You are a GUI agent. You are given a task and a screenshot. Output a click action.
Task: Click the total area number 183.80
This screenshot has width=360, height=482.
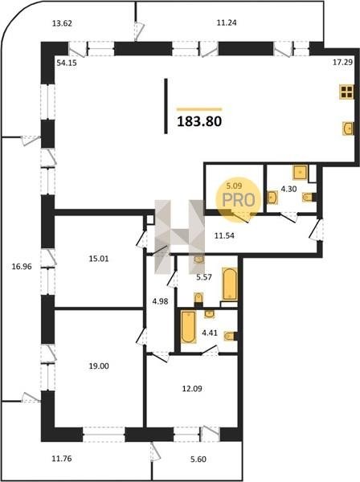[199, 121]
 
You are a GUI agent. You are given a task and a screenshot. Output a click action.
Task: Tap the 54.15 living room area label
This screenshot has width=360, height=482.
[67, 63]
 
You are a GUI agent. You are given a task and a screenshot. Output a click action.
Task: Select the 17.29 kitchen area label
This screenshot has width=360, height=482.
[343, 63]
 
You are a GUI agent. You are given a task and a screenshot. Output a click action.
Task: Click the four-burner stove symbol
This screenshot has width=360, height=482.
[346, 92]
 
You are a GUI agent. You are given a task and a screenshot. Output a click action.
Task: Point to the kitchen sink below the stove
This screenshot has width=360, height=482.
[348, 129]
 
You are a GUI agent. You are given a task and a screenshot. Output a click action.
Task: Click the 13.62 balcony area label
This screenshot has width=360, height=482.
[62, 23]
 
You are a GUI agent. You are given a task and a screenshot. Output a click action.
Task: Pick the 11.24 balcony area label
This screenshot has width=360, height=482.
[227, 22]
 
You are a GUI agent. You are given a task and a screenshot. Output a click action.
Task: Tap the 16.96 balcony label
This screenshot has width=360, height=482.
[22, 267]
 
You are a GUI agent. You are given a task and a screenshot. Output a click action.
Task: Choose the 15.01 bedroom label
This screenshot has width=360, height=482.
[99, 259]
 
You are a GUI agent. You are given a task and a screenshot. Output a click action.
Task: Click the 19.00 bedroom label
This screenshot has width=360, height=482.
[99, 366]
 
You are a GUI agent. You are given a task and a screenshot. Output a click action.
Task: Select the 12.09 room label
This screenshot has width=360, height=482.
[192, 389]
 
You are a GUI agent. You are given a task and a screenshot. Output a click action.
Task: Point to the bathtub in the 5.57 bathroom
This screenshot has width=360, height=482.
[230, 284]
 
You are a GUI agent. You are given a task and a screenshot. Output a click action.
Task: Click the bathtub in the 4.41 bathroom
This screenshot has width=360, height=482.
[188, 326]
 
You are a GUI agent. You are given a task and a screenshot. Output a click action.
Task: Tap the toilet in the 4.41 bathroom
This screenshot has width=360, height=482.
[231, 336]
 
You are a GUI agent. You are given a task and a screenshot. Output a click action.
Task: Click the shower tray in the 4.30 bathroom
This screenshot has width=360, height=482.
[300, 172]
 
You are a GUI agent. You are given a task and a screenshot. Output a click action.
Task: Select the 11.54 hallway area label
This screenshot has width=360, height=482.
[224, 235]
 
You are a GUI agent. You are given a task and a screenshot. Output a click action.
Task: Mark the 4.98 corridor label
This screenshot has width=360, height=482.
[160, 301]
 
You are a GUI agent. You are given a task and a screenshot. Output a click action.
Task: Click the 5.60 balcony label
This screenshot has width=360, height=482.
[198, 460]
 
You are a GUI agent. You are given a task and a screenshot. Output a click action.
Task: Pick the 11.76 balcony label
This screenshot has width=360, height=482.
[62, 459]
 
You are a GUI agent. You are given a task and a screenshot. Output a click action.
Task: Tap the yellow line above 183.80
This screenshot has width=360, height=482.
[199, 109]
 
